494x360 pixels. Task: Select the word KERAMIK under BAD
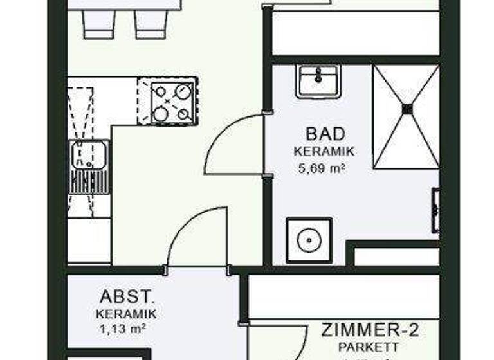point(324,152)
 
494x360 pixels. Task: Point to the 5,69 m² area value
point(323,169)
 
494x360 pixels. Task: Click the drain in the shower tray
point(407,109)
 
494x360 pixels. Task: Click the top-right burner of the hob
point(183,90)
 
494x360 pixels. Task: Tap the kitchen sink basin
point(89,155)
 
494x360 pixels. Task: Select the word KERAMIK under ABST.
point(125,314)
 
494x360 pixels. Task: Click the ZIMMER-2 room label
point(370,330)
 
